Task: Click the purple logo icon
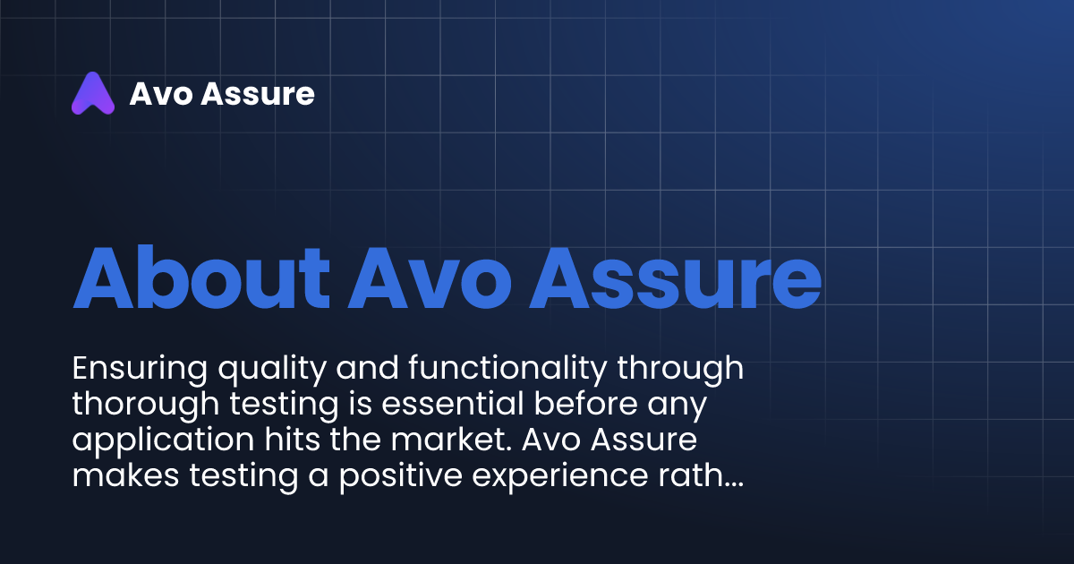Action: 93,93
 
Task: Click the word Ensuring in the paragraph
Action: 133,369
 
